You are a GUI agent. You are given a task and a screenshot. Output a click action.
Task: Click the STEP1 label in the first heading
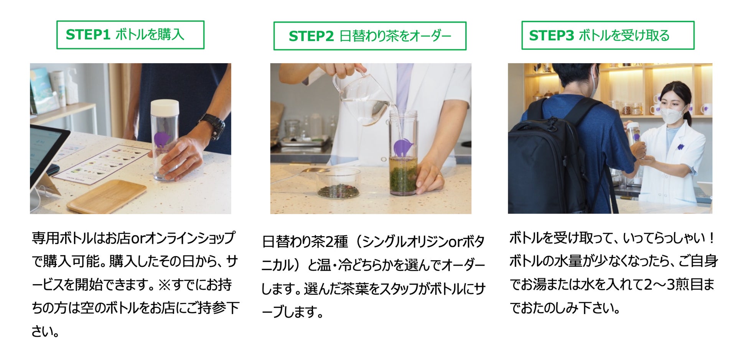pyautogui.click(x=88, y=35)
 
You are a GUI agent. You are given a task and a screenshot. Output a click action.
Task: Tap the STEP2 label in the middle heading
pyautogui.click(x=311, y=36)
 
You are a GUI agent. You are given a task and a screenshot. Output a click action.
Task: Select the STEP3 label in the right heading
pyautogui.click(x=551, y=35)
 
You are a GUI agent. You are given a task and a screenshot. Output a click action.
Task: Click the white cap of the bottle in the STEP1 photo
pyautogui.click(x=165, y=108)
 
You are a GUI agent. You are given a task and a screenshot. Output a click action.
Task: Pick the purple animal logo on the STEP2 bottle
pyautogui.click(x=403, y=148)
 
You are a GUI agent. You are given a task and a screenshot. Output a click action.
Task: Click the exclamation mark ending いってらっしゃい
pyautogui.click(x=712, y=238)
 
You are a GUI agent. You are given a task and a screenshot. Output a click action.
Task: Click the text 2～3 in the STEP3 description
pyautogui.click(x=664, y=284)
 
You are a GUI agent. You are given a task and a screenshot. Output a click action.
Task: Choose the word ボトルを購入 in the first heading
pyautogui.click(x=150, y=35)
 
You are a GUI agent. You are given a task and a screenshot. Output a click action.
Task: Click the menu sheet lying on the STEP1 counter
pyautogui.click(x=101, y=164)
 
